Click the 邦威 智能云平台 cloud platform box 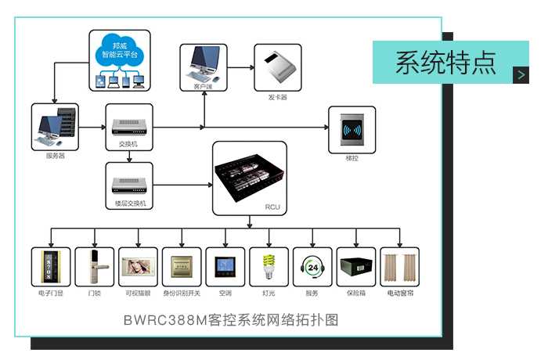click(120, 59)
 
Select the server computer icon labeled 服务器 click(56, 126)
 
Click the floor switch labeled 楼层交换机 click(129, 185)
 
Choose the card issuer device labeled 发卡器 click(278, 67)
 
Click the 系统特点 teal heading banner click(446, 63)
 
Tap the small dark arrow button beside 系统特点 click(522, 74)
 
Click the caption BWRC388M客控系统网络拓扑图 click(231, 321)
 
